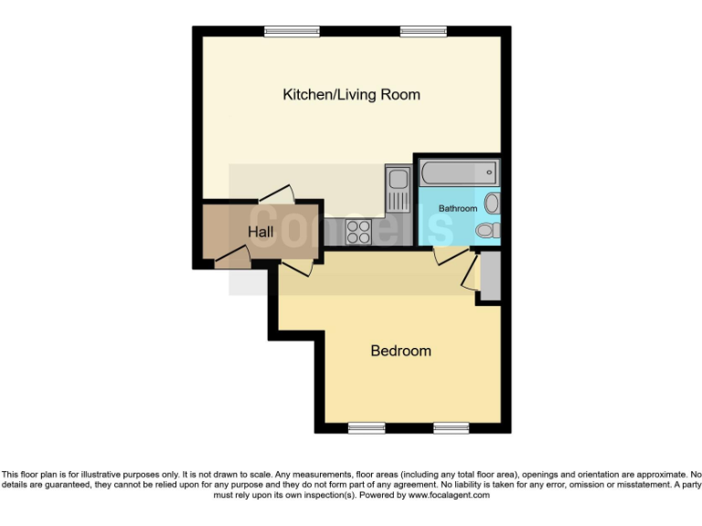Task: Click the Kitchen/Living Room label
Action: (351, 94)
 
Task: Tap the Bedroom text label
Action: (400, 351)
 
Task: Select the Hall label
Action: (261, 233)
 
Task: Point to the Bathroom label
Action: (457, 208)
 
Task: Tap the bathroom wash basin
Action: (492, 202)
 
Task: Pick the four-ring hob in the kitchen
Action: (357, 231)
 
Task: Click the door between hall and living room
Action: (276, 195)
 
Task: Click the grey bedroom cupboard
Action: (490, 275)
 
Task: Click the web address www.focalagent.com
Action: (449, 495)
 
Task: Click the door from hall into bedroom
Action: (295, 267)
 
